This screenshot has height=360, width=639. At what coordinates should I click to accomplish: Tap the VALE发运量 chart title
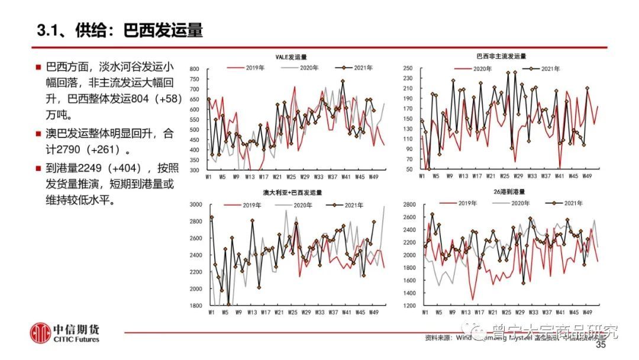point(291,57)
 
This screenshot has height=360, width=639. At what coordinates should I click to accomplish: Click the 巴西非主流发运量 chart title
point(501,57)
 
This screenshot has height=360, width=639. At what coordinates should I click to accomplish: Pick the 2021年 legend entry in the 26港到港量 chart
point(566,203)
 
